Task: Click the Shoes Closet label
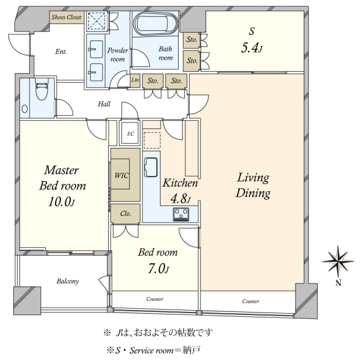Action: click(x=66, y=17)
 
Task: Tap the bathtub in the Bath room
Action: click(x=156, y=24)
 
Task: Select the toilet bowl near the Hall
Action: click(x=42, y=89)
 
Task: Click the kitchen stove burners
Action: click(x=181, y=214)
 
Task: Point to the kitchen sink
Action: click(x=150, y=167)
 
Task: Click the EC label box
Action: click(x=130, y=134)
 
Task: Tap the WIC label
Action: click(x=121, y=176)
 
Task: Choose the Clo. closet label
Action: click(x=126, y=214)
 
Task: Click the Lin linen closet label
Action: click(x=135, y=80)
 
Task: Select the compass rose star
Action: click(x=338, y=261)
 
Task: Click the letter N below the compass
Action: click(x=338, y=283)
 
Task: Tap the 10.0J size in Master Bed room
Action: click(x=62, y=202)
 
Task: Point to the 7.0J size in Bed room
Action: click(x=158, y=268)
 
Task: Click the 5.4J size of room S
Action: click(x=252, y=48)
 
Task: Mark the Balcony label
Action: click(x=68, y=281)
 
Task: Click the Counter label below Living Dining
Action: click(x=251, y=301)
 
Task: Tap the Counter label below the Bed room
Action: click(x=155, y=299)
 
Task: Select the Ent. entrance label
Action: click(x=61, y=51)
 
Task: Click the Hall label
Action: click(x=104, y=104)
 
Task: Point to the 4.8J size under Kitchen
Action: click(x=181, y=198)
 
